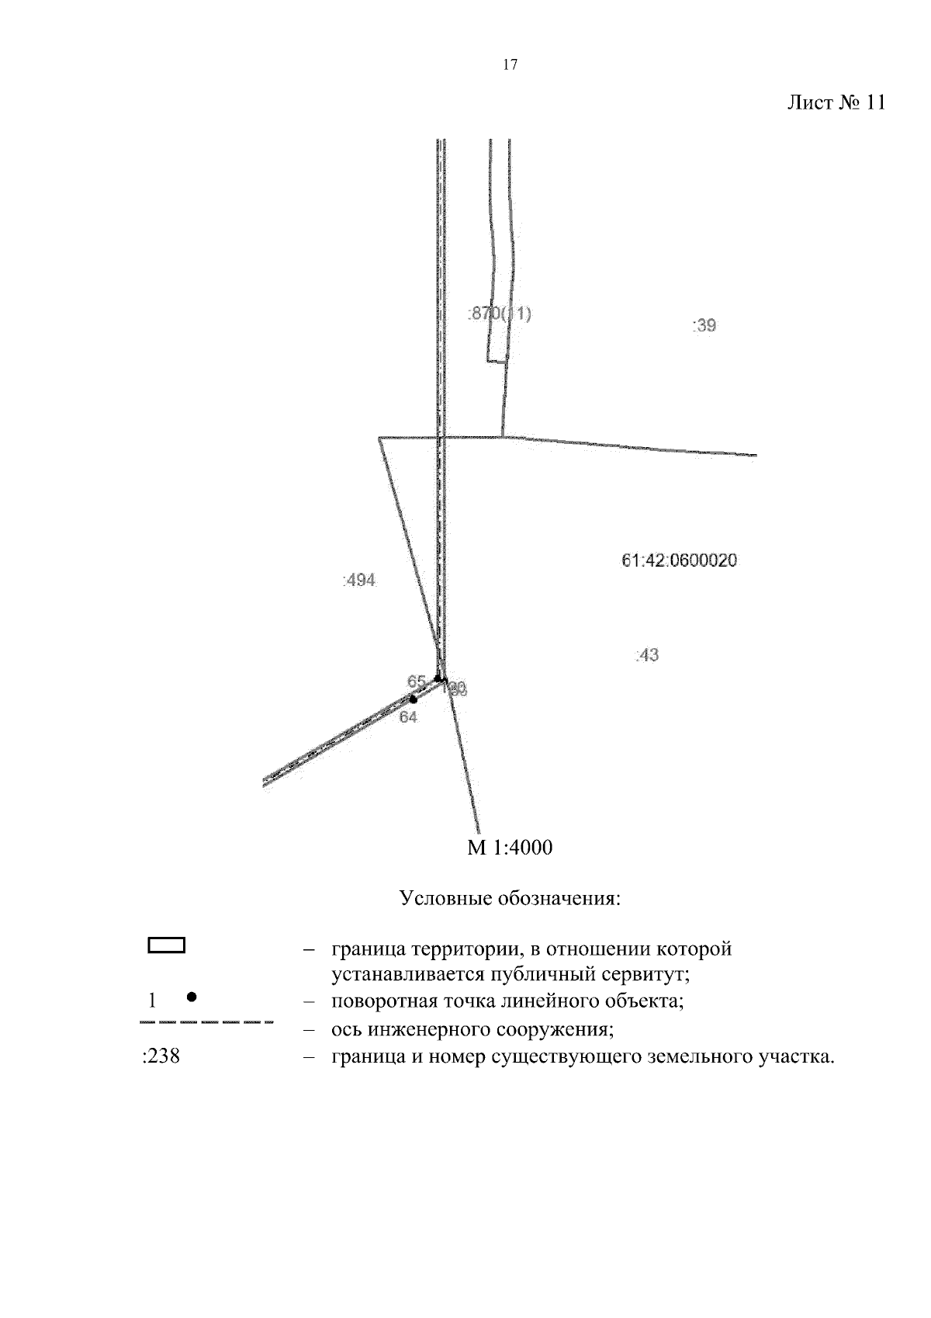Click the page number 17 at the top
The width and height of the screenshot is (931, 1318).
(510, 65)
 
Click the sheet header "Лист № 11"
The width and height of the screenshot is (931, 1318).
(836, 103)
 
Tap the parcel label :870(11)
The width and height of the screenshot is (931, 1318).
(500, 314)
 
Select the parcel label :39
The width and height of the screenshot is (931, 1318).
(704, 325)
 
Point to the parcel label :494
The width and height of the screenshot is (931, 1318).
(359, 580)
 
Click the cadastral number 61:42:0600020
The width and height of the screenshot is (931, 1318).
(680, 560)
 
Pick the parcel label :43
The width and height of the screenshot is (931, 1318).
(646, 655)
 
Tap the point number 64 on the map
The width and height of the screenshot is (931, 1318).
(408, 717)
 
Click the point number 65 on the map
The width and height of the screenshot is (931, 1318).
(417, 682)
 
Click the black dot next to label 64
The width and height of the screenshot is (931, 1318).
(413, 699)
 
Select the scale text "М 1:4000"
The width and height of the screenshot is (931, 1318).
(510, 848)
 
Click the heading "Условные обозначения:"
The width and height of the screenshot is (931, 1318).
(510, 899)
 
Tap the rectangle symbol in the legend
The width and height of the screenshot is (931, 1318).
(167, 945)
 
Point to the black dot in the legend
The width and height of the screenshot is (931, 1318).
(192, 996)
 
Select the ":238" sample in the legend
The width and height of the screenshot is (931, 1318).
(161, 1056)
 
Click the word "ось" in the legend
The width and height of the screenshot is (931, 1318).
(346, 1030)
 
